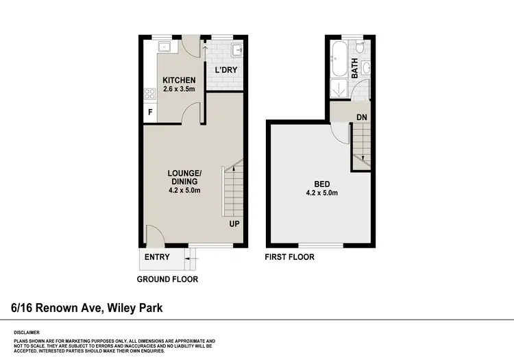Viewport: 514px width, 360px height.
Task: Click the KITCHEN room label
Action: [x=179, y=81]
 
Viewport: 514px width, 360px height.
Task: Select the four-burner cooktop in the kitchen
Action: [x=150, y=94]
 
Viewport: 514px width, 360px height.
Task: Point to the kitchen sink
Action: [x=164, y=47]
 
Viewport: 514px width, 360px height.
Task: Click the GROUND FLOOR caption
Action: [x=167, y=279]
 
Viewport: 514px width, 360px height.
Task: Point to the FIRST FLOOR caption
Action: [x=290, y=257]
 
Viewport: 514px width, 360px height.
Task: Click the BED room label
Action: [x=323, y=184]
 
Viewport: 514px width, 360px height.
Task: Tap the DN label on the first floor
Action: [x=362, y=117]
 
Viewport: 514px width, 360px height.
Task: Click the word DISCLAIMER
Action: [x=27, y=331]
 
